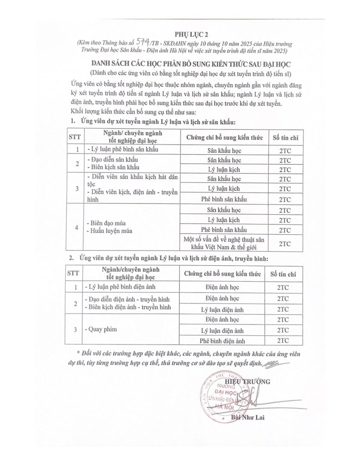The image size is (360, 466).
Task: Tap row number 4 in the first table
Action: [77, 227]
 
